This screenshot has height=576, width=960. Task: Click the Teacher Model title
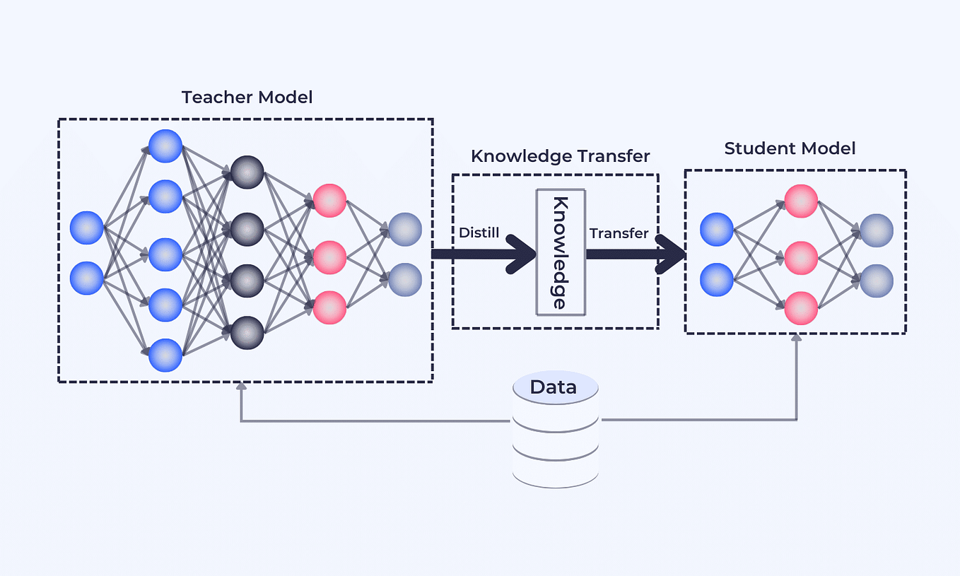tap(247, 97)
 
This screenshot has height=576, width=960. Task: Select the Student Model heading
tap(790, 148)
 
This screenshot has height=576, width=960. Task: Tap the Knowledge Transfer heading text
tap(560, 155)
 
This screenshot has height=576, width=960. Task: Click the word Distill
tap(479, 233)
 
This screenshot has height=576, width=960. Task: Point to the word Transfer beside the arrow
tap(619, 233)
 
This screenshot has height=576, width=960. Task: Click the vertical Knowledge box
tap(560, 252)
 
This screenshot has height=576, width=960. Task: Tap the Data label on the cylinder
tap(553, 387)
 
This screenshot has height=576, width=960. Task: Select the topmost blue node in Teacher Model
tap(165, 146)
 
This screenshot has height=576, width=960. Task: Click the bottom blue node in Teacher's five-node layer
tap(165, 355)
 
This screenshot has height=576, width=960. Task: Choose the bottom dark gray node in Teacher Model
tap(247, 332)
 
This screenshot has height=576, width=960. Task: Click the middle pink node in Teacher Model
tap(329, 257)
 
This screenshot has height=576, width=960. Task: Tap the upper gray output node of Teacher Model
tap(405, 230)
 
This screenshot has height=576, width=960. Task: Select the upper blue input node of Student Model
tap(717, 230)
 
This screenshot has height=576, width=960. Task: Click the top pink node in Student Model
tap(801, 201)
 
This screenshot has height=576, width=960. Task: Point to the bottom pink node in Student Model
tap(801, 309)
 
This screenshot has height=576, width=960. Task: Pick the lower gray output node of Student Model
tap(877, 281)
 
